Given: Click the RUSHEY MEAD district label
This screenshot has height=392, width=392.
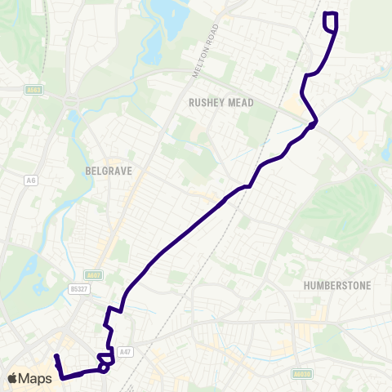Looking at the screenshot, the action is (221, 103).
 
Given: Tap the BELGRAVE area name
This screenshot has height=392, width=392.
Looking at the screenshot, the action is (109, 172).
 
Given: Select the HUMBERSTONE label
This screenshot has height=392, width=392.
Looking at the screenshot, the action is (336, 285).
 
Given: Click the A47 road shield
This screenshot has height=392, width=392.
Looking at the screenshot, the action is (124, 351).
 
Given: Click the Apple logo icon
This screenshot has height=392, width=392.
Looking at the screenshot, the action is (13, 378).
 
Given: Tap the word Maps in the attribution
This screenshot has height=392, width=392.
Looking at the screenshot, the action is (37, 378).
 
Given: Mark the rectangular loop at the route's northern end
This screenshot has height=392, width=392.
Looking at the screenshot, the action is (331, 21).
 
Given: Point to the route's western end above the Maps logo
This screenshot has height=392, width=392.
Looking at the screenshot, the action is (56, 357).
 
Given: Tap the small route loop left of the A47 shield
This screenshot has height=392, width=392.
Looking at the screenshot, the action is (105, 359).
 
